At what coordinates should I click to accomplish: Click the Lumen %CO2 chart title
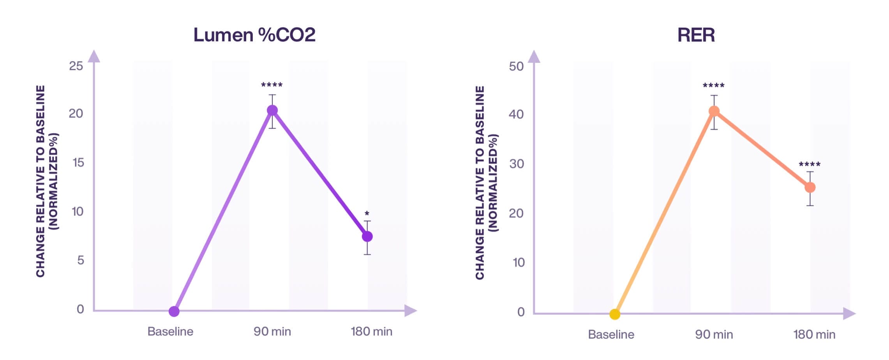254,35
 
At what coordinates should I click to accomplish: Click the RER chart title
696,35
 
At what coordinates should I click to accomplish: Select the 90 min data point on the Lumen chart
272,111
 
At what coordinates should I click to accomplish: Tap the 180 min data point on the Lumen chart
367,236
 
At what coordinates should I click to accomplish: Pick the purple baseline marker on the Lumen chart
174,311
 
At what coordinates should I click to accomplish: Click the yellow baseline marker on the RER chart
615,314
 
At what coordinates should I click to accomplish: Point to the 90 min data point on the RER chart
714,111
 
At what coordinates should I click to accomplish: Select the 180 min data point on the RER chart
810,187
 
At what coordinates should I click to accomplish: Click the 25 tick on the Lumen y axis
76,66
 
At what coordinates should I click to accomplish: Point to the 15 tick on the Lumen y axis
78,162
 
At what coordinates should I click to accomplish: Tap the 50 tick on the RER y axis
516,66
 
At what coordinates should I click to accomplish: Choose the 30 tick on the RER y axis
517,164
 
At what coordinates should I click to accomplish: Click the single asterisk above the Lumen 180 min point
367,214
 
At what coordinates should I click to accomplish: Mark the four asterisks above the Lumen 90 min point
272,85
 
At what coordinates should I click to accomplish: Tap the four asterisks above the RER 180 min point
810,164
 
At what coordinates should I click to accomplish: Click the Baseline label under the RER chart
611,334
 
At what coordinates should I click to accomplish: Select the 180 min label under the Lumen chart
371,332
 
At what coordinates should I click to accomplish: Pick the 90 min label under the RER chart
714,334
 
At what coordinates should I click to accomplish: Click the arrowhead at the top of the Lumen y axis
94,56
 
